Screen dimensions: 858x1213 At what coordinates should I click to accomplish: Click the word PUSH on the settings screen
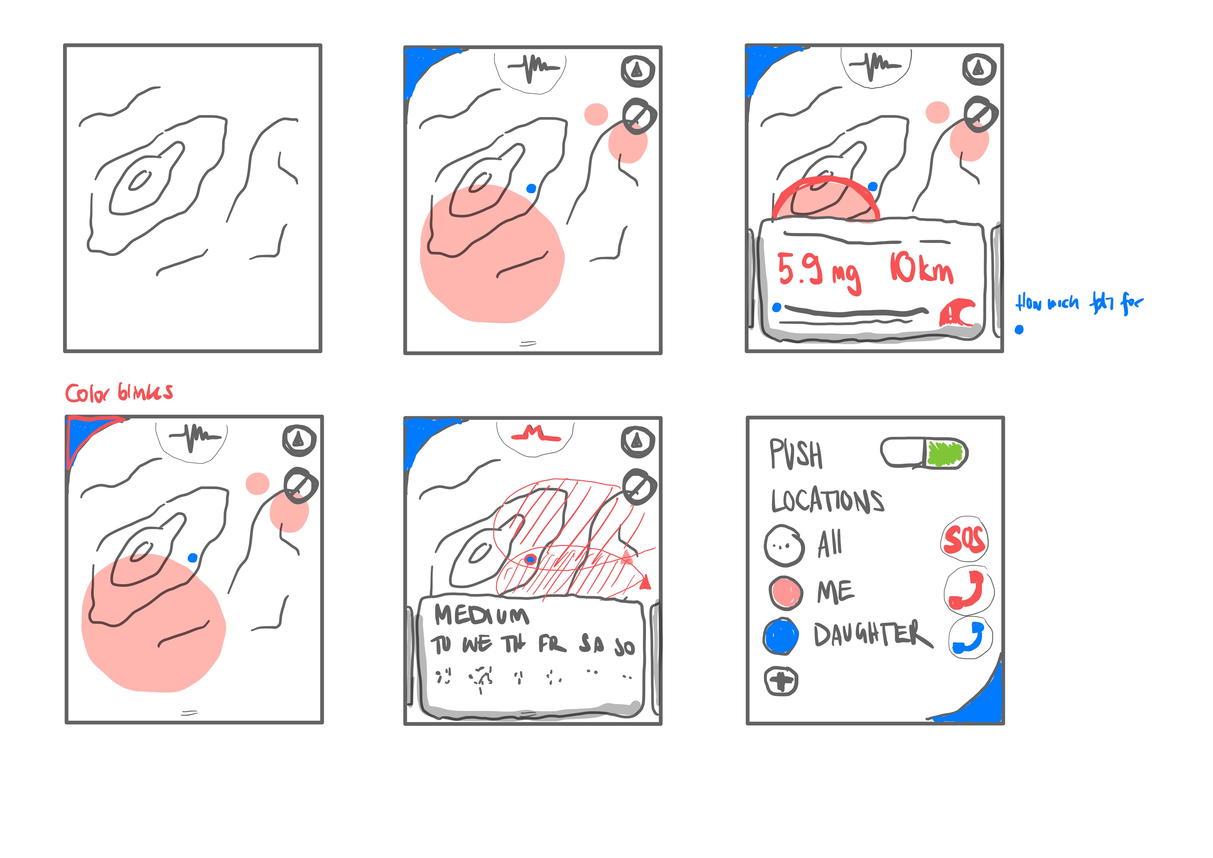[x=796, y=454]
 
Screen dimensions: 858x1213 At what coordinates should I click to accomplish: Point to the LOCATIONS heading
[x=827, y=501]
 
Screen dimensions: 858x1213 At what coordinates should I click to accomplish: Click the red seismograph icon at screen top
[x=535, y=435]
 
